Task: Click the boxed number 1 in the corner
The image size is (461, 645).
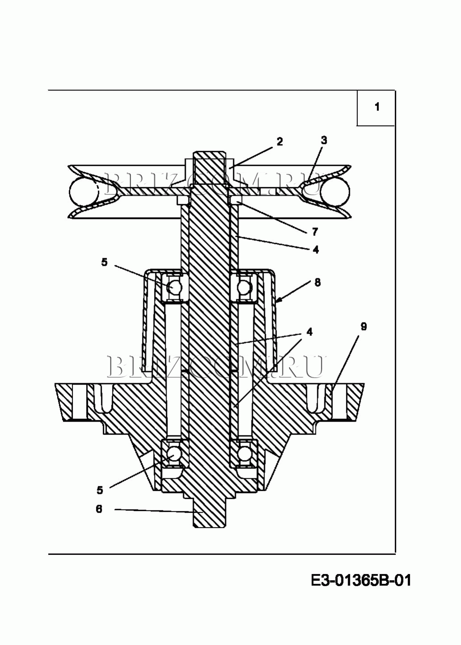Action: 377,107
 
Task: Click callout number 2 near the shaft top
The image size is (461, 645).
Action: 279,141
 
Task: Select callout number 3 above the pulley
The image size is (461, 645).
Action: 324,140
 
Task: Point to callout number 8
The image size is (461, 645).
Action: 318,282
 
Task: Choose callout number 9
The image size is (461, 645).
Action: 364,327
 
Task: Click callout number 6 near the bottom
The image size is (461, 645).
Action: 99,509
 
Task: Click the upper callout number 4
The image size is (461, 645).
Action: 316,249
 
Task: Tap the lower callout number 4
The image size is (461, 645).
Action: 310,332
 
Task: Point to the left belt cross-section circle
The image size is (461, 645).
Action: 84,191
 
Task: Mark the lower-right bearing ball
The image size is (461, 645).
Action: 244,454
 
